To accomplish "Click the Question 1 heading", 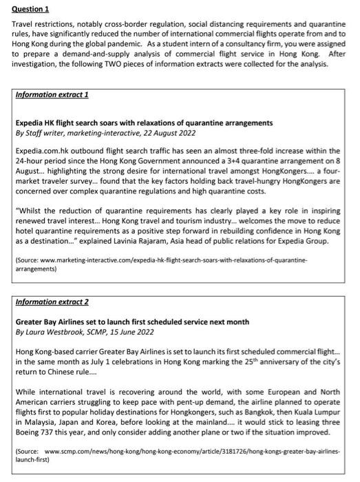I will point(31,9).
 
